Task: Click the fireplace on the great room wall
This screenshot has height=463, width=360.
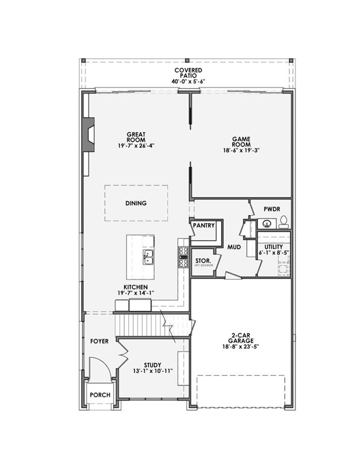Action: pos(89,136)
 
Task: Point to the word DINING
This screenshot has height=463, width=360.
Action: pos(136,203)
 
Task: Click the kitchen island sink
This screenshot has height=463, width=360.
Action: pos(148,258)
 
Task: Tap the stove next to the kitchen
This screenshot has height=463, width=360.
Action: pos(183,257)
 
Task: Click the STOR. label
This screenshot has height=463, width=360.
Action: pos(203,260)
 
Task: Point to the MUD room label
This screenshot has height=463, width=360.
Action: pos(234,247)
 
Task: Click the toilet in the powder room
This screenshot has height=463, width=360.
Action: pos(283,222)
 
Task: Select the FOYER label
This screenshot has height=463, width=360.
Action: pos(99,341)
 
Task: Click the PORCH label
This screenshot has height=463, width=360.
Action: pos(100,395)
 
